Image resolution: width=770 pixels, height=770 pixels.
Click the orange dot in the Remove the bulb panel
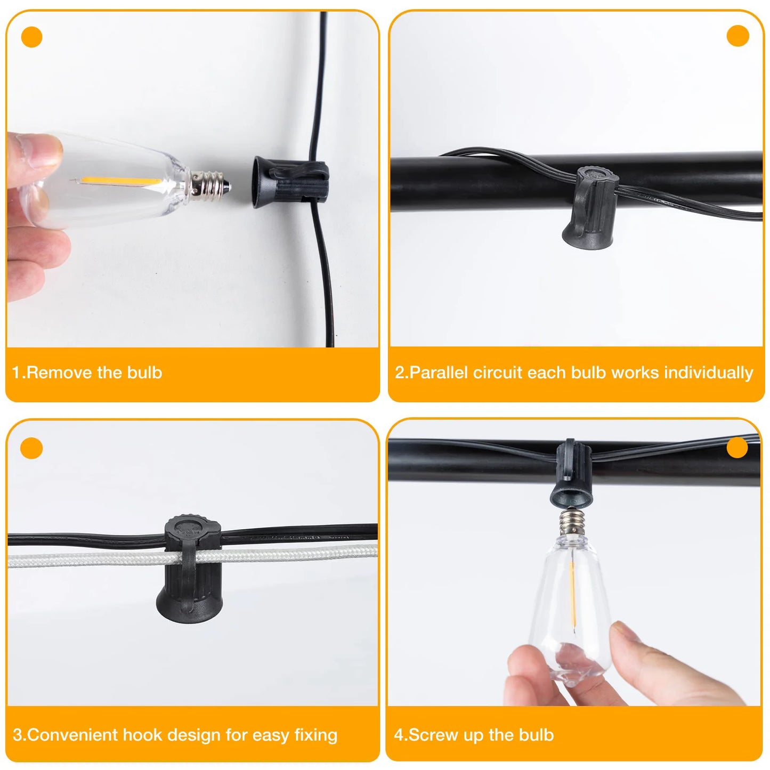pos(31,37)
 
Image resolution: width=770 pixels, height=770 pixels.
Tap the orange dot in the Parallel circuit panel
pos(737,36)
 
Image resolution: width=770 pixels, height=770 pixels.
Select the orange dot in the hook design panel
pos(31,448)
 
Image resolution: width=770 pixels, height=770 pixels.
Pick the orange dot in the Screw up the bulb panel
pos(737,448)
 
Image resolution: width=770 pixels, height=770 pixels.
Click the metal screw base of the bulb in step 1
pos(210,185)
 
